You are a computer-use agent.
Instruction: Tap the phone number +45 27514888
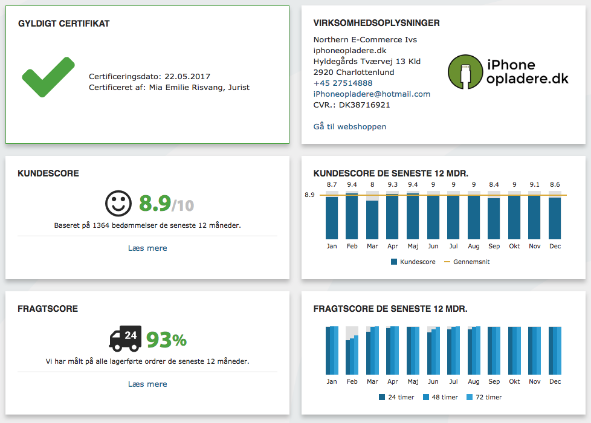coord(343,83)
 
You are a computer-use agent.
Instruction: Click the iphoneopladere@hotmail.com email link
coord(372,94)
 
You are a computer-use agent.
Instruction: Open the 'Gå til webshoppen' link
coord(350,126)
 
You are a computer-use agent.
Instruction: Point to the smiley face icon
coord(118,203)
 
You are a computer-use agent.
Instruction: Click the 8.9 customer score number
coord(155,204)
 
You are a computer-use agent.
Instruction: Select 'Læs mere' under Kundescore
coord(147,248)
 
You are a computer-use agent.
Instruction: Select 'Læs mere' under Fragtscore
coord(147,384)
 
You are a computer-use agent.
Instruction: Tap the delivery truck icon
coord(125,338)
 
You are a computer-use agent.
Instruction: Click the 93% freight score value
coord(166,340)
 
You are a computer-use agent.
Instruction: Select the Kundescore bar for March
coord(372,220)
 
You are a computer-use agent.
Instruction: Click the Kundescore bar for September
coord(494,219)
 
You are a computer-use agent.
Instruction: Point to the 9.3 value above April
coord(392,185)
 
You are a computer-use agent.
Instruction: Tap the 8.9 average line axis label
coord(309,195)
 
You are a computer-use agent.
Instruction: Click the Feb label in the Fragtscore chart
coord(352,382)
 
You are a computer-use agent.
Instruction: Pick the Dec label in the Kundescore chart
coord(555,247)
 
